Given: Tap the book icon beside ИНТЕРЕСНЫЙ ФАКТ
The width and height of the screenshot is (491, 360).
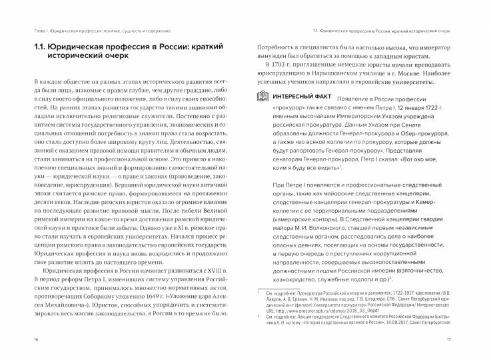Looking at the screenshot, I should (x=262, y=99).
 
